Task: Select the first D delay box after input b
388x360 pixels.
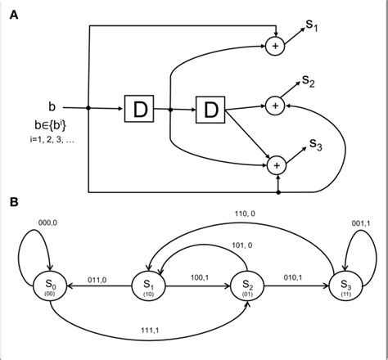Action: coord(138,107)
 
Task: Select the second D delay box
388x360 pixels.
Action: coord(207,107)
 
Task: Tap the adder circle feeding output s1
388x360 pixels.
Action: coord(275,47)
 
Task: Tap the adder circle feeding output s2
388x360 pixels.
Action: coord(275,105)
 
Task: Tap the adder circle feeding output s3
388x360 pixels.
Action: coord(275,164)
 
